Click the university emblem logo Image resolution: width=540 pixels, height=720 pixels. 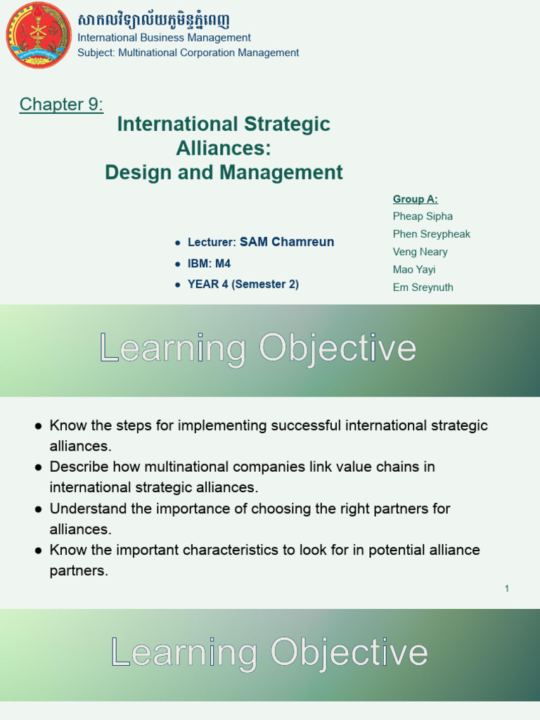tap(38, 35)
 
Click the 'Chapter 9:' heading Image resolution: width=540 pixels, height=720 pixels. tap(61, 105)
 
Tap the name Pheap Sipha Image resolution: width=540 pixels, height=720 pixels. tap(423, 217)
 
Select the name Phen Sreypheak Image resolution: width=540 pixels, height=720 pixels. tap(431, 234)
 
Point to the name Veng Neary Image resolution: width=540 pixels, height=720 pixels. tap(420, 252)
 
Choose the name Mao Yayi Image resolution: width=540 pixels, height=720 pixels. tap(413, 269)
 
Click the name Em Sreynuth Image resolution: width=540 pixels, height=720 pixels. tap(423, 287)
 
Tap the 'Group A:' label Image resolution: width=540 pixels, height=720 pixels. tap(415, 199)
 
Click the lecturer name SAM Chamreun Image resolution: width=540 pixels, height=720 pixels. tap(287, 242)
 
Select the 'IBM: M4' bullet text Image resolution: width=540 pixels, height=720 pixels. tap(209, 264)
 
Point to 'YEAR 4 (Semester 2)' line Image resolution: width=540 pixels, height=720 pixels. tap(243, 285)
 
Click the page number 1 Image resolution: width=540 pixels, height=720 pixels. tap(506, 589)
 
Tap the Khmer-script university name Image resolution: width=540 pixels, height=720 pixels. tap(153, 20)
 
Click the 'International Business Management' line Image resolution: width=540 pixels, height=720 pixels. tap(164, 38)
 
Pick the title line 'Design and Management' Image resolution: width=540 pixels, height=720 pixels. tap(224, 172)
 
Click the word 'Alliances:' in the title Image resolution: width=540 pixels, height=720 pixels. tap(223, 148)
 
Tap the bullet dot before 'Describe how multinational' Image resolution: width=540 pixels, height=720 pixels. tap(39, 467)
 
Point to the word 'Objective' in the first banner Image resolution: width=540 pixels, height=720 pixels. tap(337, 348)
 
